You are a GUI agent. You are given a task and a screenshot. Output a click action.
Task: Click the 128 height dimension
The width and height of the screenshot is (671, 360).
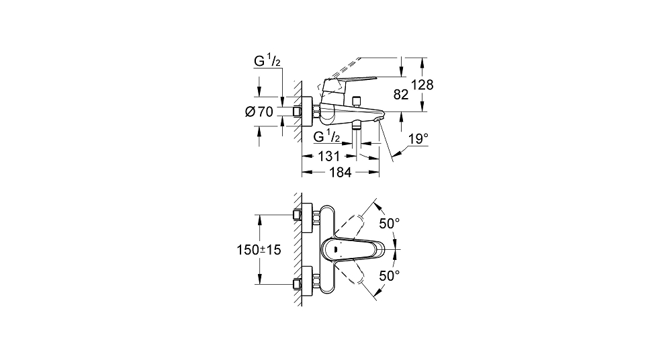coord(422,85)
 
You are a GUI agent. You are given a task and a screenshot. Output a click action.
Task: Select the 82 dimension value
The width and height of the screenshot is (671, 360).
coord(401,95)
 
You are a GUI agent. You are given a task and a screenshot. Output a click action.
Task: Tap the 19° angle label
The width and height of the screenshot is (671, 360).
coord(418,138)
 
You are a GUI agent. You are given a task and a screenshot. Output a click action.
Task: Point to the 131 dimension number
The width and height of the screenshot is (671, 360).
coord(328,156)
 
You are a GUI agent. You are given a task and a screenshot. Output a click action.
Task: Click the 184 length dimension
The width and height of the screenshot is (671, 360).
coord(341,173)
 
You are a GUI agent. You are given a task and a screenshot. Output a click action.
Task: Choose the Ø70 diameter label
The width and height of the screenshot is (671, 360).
coord(259,111)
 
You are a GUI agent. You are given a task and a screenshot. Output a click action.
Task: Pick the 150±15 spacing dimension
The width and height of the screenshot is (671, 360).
coord(259,250)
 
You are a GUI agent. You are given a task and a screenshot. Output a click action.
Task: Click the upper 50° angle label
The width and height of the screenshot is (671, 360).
coord(390,223)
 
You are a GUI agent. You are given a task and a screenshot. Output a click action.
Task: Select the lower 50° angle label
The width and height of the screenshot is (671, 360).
coord(390,275)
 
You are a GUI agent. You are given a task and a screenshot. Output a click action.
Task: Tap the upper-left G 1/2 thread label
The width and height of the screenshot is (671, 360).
coord(267,61)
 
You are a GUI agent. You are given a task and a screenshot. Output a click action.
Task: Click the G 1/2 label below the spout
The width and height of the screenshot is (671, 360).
coord(327,136)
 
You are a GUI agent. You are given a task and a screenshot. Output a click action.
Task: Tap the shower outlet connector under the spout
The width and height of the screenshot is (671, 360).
coord(355,125)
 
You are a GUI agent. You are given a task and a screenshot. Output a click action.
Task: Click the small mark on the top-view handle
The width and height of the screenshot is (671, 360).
coord(336,249)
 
